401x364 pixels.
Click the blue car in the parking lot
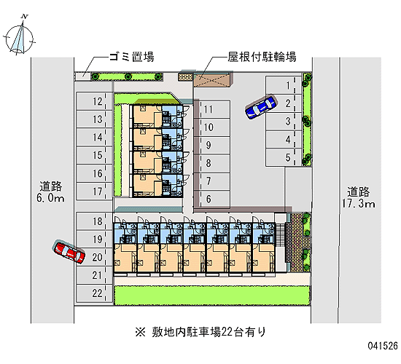point(260,107)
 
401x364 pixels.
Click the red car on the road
point(69,252)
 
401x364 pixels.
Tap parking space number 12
point(94,101)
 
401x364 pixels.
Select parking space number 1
point(284,85)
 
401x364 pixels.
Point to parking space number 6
point(211,199)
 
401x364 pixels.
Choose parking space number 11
point(211,109)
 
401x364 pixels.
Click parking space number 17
point(94,191)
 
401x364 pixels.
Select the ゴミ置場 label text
point(131,57)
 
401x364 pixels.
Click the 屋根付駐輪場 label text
point(262,57)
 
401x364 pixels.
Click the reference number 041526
point(383,346)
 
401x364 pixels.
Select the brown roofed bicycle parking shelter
point(213,80)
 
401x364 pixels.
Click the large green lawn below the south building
point(211,296)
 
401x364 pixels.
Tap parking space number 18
point(94,221)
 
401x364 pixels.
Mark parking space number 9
point(211,146)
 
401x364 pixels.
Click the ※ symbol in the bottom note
point(141,332)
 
